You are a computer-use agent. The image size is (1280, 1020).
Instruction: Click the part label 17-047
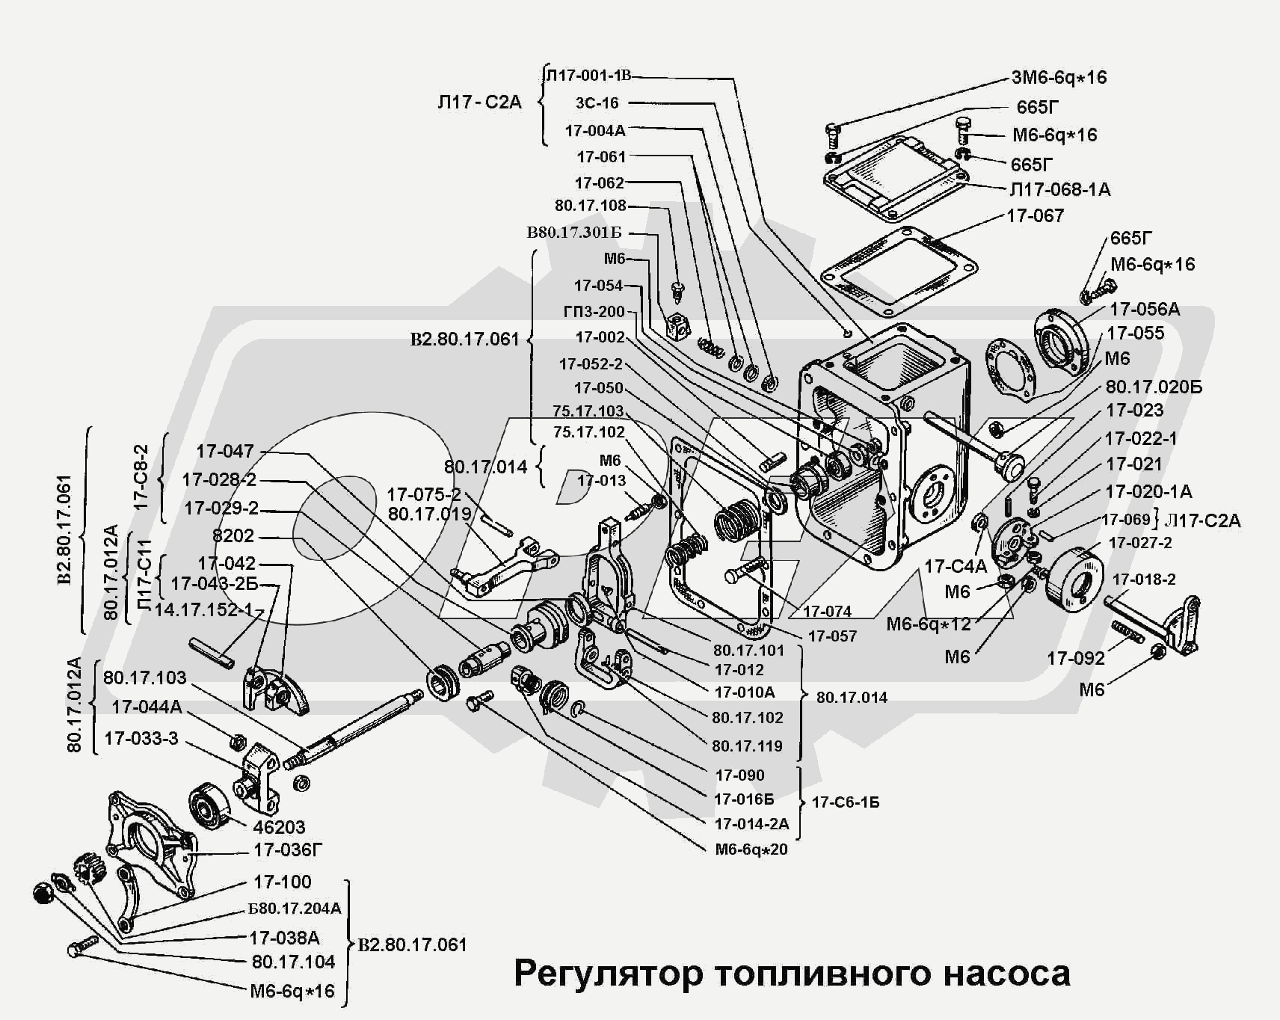225,451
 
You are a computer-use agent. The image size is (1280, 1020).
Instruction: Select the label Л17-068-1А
1060,190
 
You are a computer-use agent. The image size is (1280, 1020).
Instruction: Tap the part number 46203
279,827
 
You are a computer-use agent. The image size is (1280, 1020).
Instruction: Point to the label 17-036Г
288,850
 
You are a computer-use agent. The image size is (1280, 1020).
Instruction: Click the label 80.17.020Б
1154,387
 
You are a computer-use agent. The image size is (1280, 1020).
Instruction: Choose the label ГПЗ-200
594,311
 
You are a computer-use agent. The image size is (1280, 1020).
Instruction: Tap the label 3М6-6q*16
1059,77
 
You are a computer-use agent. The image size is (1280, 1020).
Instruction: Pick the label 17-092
1076,658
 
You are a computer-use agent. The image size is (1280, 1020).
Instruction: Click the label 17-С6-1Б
846,802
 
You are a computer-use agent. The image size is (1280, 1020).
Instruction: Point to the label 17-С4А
956,566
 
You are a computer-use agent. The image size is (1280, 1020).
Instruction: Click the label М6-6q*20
751,850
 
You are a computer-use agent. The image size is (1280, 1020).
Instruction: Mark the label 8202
233,535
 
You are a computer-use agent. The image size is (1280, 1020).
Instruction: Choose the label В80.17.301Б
574,233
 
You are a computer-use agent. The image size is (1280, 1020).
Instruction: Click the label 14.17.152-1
203,609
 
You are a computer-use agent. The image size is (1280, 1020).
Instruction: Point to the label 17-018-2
1144,580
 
